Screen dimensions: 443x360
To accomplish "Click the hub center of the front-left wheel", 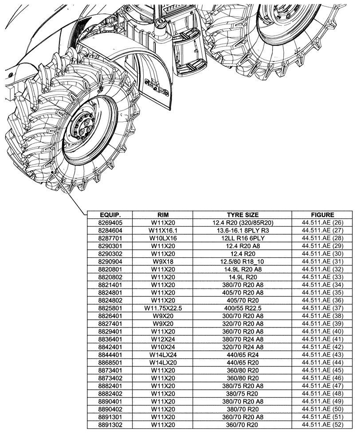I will (x=83, y=128).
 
